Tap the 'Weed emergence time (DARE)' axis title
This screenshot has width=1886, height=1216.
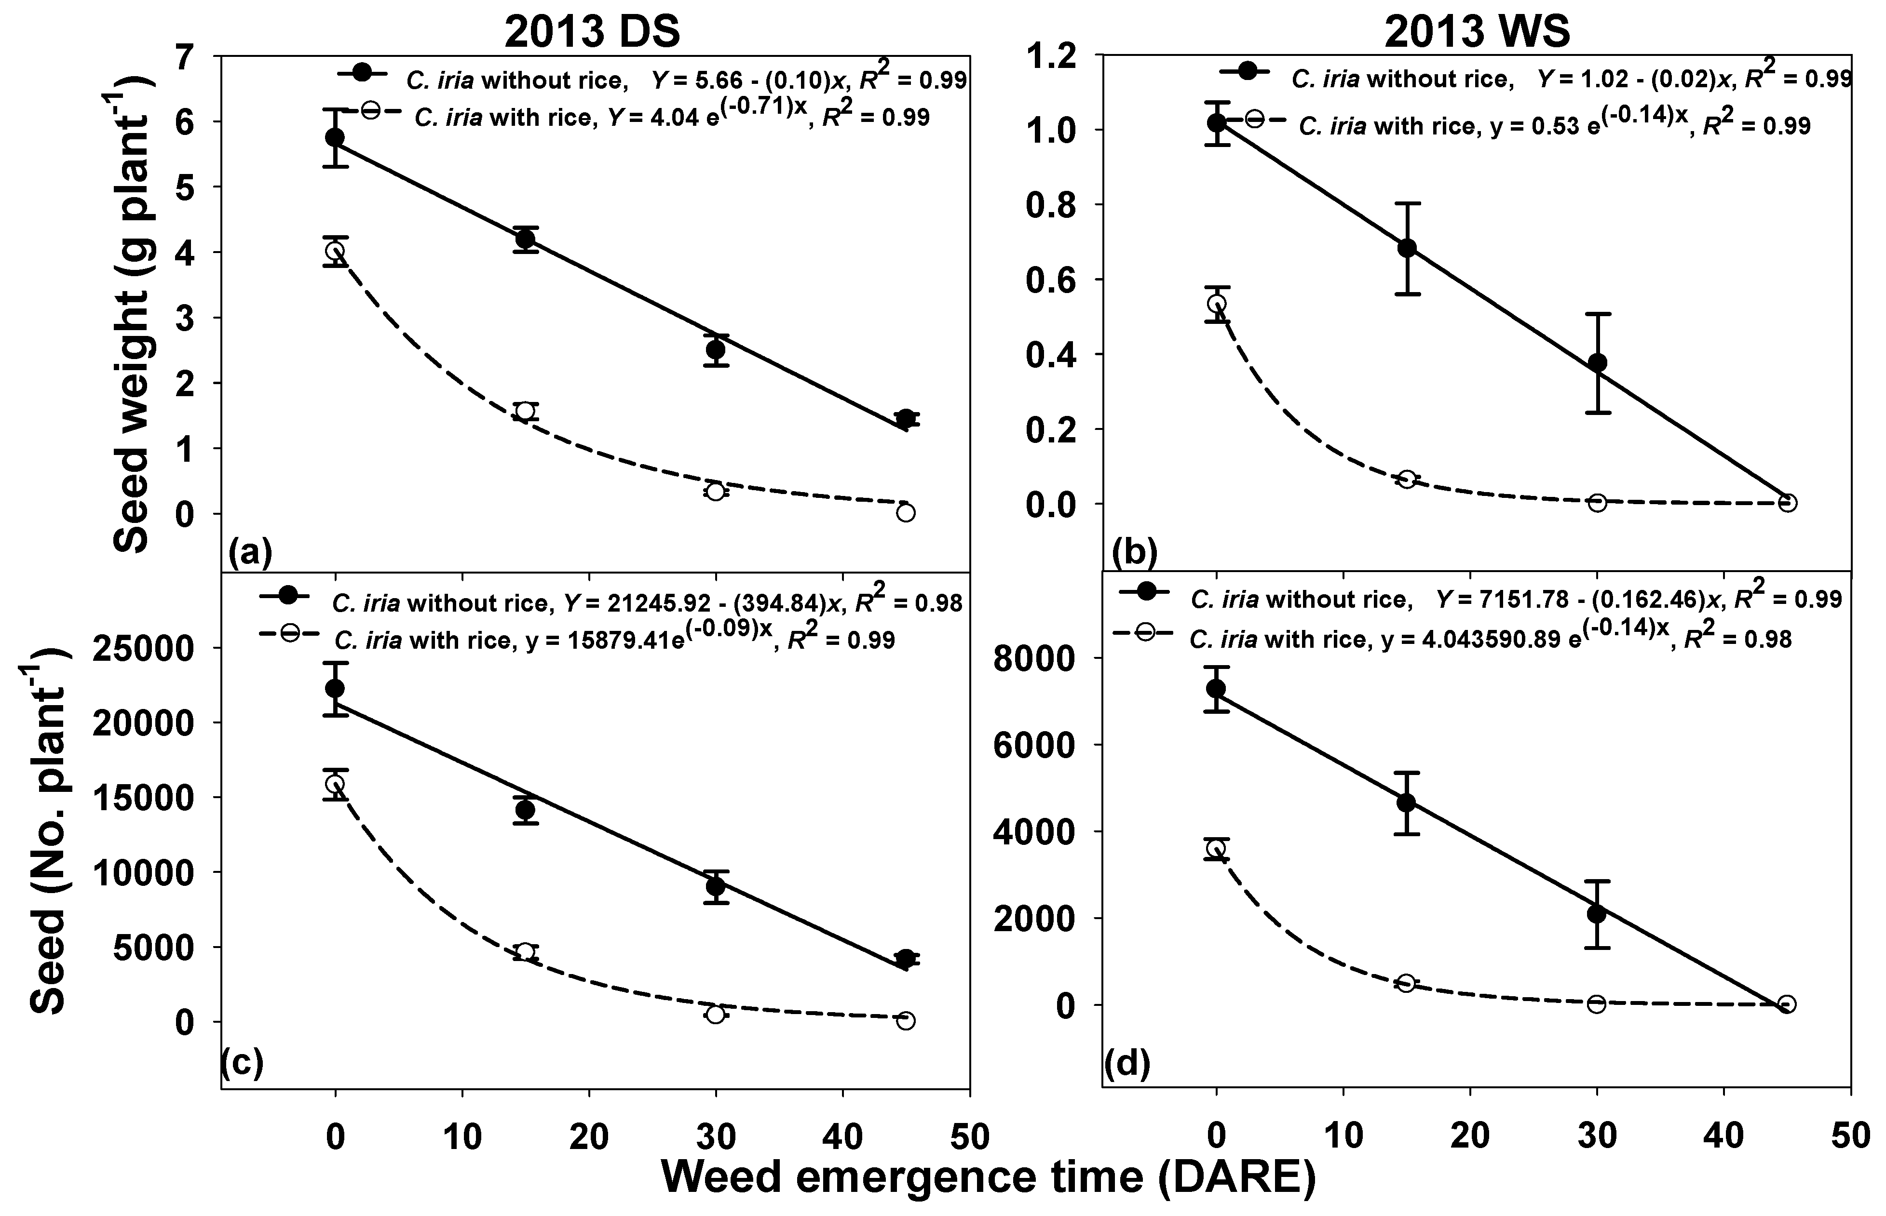click(x=988, y=1176)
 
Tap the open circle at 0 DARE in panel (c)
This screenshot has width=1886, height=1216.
click(x=335, y=783)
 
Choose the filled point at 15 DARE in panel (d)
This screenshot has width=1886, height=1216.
click(x=1406, y=802)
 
